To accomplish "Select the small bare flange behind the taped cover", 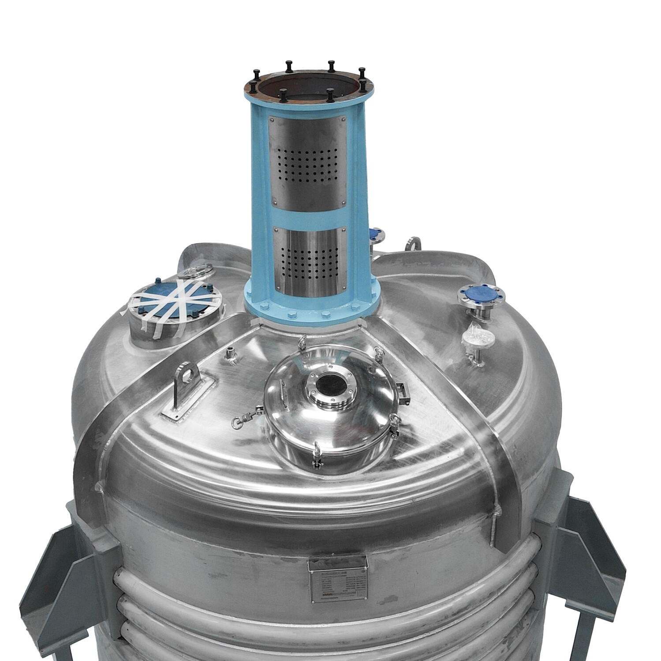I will coord(198,271).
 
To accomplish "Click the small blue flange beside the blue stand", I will coord(376,235).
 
